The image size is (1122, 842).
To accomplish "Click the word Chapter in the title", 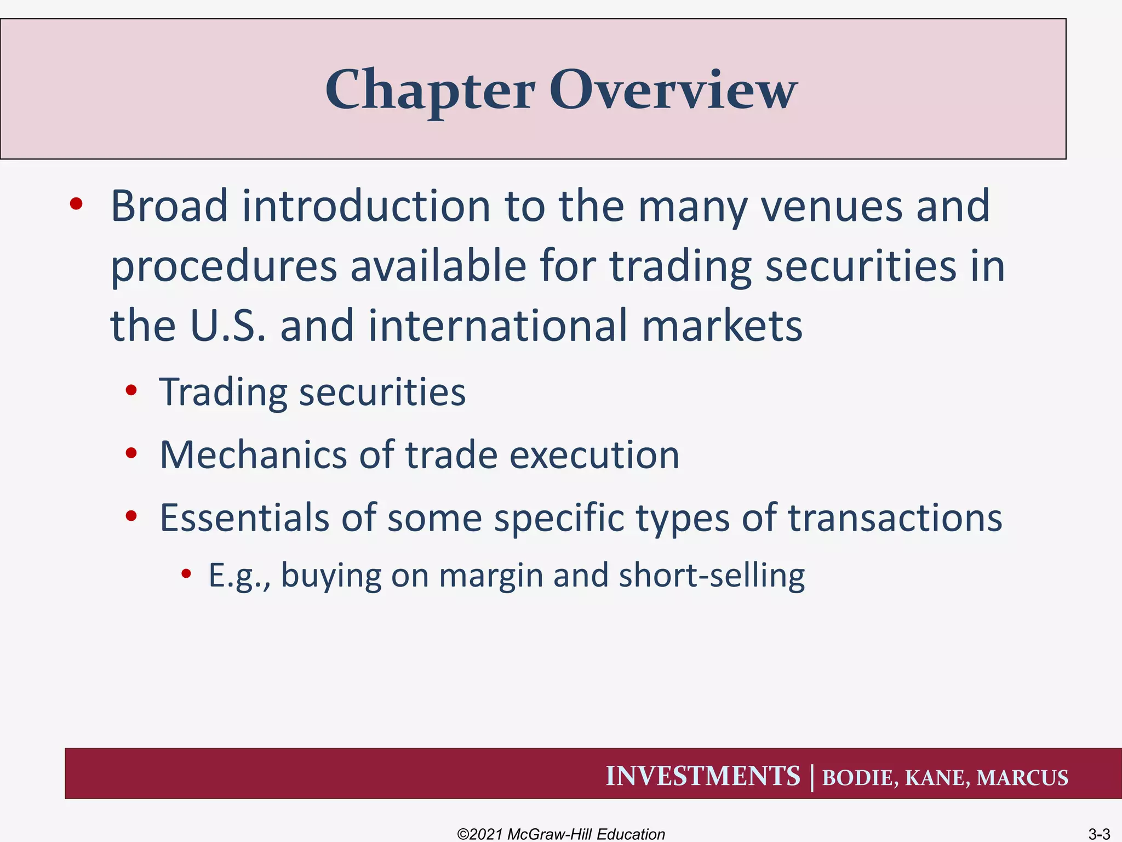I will (430, 90).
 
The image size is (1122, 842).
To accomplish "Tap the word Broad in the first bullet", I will (169, 206).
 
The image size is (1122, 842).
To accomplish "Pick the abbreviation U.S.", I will (227, 325).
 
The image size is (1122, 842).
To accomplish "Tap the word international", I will (497, 325).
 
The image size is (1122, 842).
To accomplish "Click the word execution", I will (594, 455).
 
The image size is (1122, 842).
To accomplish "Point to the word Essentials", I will (244, 517).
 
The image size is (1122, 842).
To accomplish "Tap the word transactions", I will (895, 517).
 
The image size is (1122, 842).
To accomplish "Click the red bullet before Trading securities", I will (131, 391).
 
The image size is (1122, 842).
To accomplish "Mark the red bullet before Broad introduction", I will (76, 204).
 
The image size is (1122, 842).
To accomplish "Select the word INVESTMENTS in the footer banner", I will (703, 776).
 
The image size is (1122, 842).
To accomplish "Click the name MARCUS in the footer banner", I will (1022, 778).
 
